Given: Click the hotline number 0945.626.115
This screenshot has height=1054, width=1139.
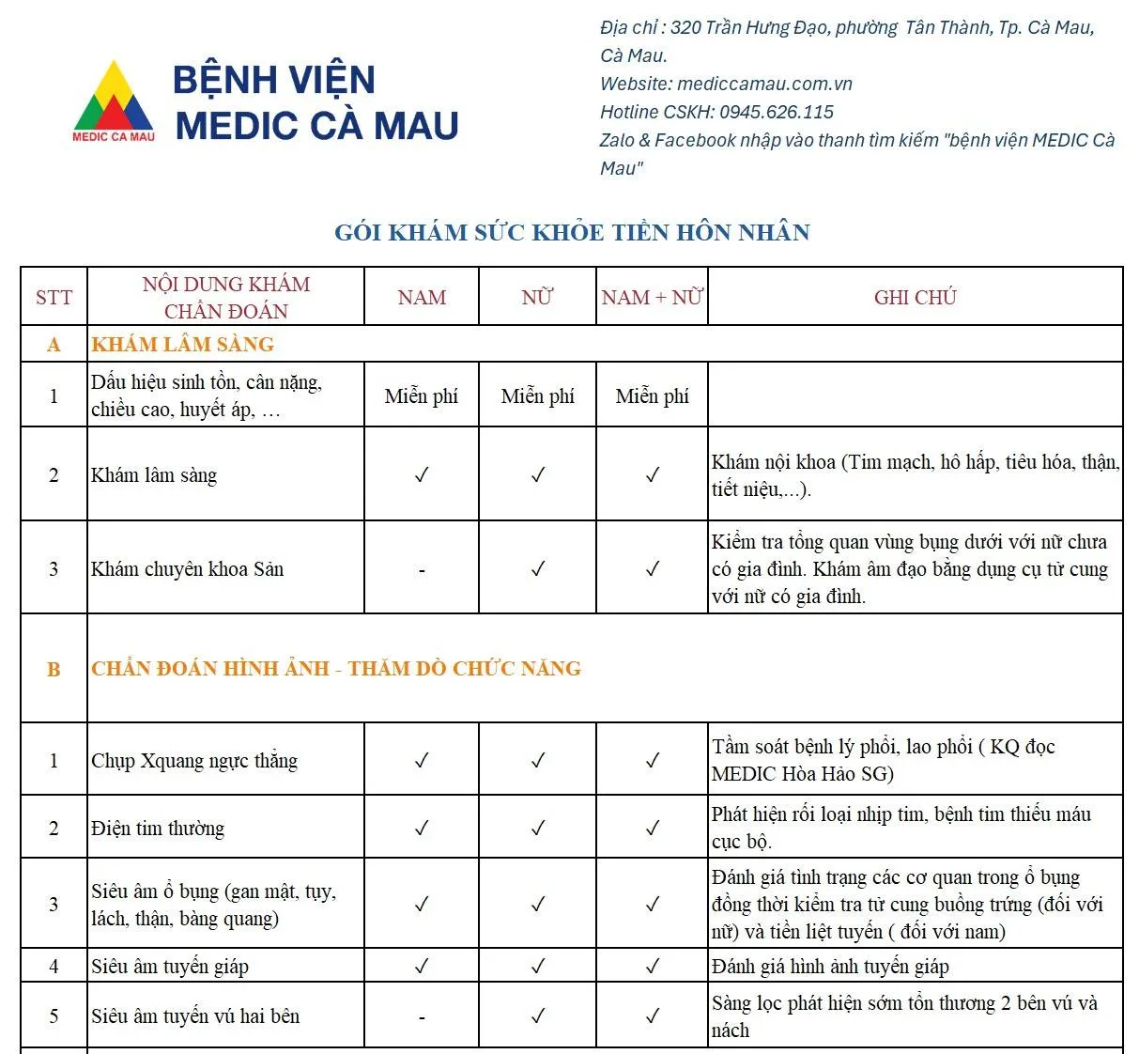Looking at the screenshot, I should coord(777,113).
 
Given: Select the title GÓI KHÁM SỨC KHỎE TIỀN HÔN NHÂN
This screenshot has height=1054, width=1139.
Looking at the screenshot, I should coord(572,233).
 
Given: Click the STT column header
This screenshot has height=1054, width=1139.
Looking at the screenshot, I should coord(54,298).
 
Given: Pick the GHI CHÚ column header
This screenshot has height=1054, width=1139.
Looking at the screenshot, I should coord(915,298).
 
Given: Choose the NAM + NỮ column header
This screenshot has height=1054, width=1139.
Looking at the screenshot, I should coord(652,298).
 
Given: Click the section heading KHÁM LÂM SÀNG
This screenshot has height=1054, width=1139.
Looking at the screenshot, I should coord(183,345).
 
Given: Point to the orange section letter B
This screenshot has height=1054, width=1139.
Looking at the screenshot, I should coord(54,670).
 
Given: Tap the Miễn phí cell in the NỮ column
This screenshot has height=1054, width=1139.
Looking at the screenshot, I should coord(537,396).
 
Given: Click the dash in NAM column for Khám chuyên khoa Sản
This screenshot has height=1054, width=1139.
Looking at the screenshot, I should coord(422,570).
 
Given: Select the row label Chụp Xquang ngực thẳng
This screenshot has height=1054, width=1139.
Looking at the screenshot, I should coord(194,761).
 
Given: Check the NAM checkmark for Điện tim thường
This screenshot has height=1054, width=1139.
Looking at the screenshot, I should coord(422,829).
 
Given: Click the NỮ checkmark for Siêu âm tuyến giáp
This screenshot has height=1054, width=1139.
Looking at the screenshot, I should coord(537,966).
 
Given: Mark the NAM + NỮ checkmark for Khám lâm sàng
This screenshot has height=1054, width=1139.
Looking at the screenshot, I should coord(652,475).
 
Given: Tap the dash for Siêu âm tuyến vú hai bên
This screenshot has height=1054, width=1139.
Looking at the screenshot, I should coord(422,1017).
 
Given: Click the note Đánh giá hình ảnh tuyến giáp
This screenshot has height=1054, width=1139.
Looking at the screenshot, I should coord(830,967).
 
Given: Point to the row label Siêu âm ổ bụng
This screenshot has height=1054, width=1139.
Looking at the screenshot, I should coord(213,905).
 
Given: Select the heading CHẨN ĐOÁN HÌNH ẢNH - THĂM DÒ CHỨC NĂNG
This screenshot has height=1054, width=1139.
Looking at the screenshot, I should coord(336,669).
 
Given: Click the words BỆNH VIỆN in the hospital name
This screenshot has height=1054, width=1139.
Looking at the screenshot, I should coord(274,80).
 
